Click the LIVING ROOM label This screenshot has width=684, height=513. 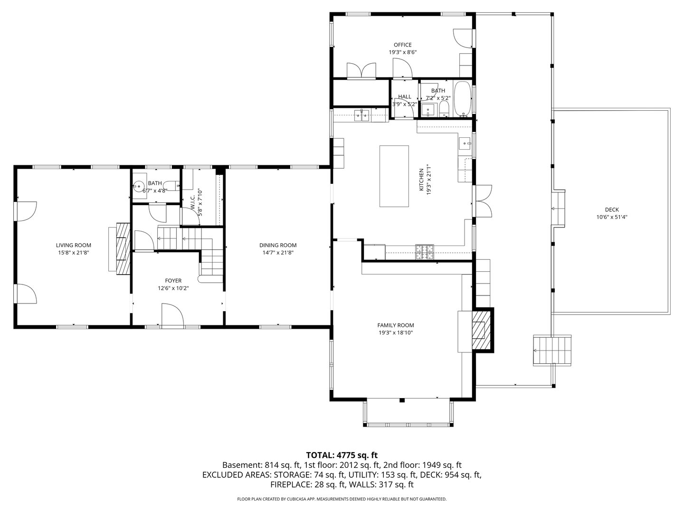click(x=73, y=245)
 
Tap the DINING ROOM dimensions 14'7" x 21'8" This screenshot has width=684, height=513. click(x=278, y=253)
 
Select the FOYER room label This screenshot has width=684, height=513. click(x=173, y=281)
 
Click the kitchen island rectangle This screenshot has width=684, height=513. click(x=394, y=176)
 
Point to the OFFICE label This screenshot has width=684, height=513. click(x=402, y=45)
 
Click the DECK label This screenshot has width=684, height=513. click(x=612, y=209)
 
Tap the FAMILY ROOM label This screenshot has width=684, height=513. click(x=395, y=325)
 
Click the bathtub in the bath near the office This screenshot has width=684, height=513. click(x=462, y=99)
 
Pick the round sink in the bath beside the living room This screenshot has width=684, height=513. click(x=139, y=186)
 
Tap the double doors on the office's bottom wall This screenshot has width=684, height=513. click(x=361, y=70)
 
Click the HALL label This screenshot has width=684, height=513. click(x=405, y=96)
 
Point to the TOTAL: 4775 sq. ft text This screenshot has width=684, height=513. click(x=342, y=455)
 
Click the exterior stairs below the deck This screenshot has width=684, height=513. click(x=552, y=350)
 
